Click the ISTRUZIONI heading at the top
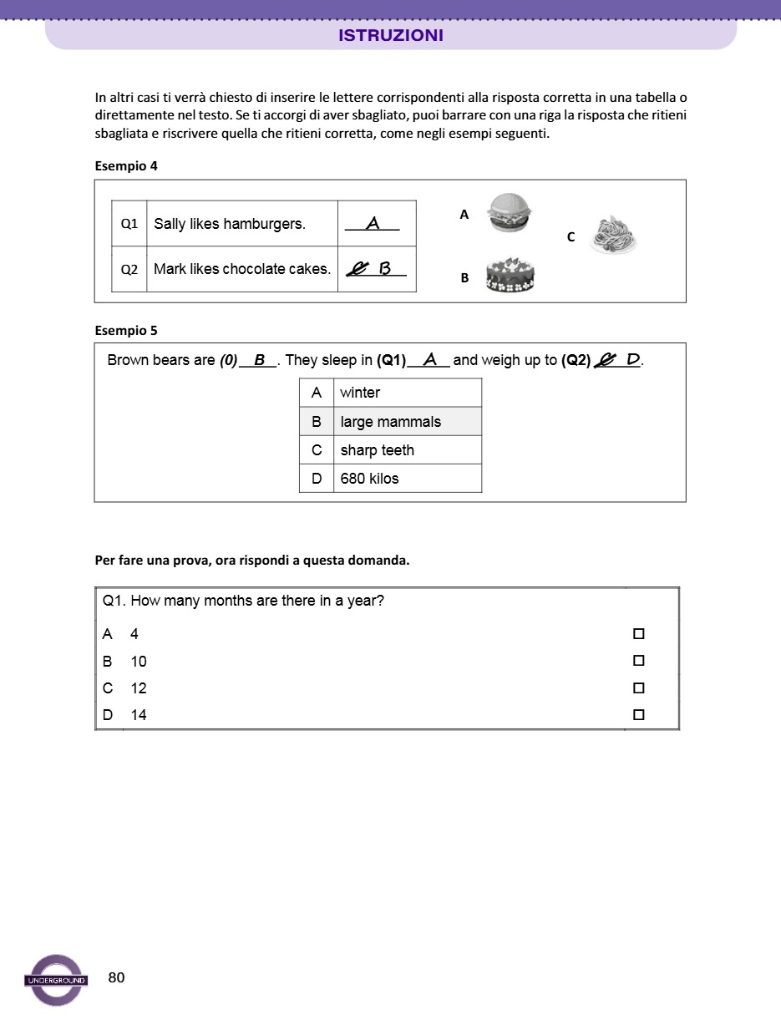click(x=391, y=36)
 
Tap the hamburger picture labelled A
click(x=510, y=212)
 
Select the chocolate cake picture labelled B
click(x=510, y=275)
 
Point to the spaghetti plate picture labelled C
click(x=614, y=235)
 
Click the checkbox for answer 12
click(x=639, y=688)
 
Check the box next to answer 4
click(x=639, y=634)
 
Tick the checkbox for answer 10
click(x=639, y=661)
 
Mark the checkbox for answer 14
click(x=639, y=715)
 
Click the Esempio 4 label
click(x=126, y=165)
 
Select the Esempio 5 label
click(x=126, y=330)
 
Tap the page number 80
click(x=117, y=977)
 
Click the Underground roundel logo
click(x=56, y=980)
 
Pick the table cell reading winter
click(x=407, y=393)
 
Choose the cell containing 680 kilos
click(x=407, y=479)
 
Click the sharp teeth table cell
click(x=407, y=450)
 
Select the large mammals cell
click(x=407, y=422)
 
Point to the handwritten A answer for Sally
click(x=373, y=223)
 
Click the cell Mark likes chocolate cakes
click(x=242, y=269)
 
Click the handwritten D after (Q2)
click(x=633, y=360)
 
